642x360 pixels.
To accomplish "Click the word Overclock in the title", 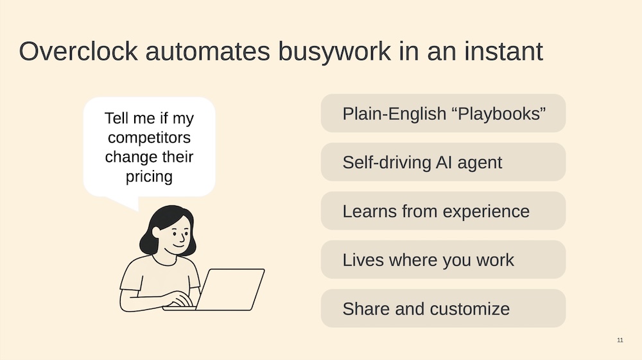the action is pos(78,51).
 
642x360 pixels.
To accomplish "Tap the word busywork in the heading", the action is pos(334,52).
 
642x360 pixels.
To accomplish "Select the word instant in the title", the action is pos(503,51).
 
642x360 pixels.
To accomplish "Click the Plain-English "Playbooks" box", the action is pos(443,114).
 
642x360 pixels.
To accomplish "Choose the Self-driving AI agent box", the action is pos(443,162).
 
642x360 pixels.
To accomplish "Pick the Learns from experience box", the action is pos(443,210).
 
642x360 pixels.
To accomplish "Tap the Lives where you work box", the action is pos(443,259).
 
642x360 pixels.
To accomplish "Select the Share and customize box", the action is pos(443,308).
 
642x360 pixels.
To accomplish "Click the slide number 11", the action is pos(620,340).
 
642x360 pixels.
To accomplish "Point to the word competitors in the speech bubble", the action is pos(149,138).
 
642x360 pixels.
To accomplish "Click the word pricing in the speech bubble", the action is pos(149,177).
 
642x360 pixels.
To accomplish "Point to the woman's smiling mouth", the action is pos(179,245).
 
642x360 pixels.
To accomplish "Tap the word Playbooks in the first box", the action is pos(501,114).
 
